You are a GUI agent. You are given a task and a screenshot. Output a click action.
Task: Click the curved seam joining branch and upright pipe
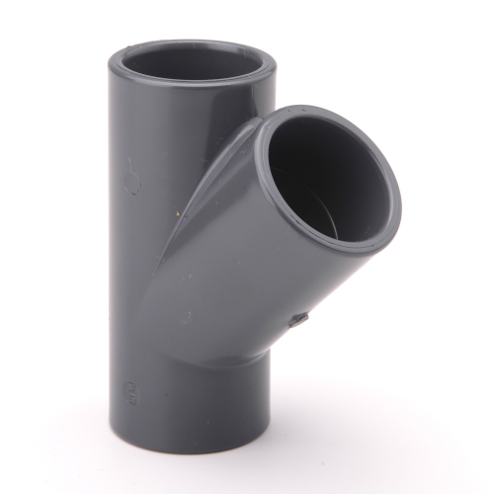point(212,227)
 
